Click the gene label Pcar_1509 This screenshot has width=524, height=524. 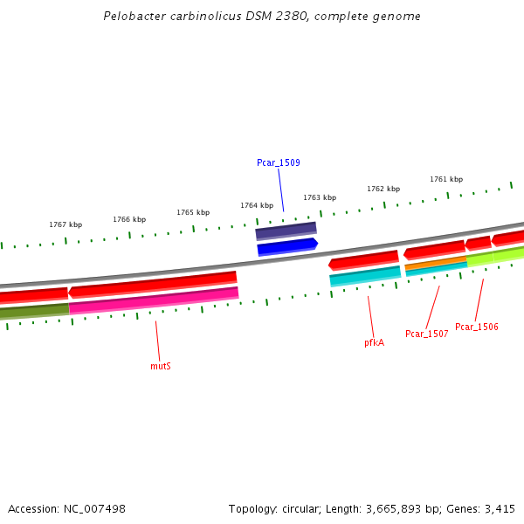click(x=278, y=162)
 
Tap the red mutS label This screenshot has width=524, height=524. click(x=161, y=366)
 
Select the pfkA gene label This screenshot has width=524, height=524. click(x=374, y=342)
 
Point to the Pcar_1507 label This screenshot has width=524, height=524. click(x=427, y=334)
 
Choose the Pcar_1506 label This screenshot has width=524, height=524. click(x=477, y=327)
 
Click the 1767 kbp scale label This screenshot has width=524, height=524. click(x=65, y=224)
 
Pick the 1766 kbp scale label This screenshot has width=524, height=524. click(x=129, y=219)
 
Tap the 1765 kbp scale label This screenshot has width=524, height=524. click(x=193, y=212)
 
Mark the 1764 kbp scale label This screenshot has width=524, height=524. click(x=257, y=205)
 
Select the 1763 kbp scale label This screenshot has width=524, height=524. click(x=320, y=197)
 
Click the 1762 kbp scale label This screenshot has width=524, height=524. click(x=383, y=189)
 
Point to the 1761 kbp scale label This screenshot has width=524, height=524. click(x=446, y=179)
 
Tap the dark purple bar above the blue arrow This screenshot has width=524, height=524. click(x=286, y=231)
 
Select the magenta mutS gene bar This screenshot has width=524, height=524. click(x=154, y=300)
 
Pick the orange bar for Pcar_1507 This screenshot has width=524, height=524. click(x=436, y=262)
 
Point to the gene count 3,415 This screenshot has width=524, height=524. click(x=500, y=508)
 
